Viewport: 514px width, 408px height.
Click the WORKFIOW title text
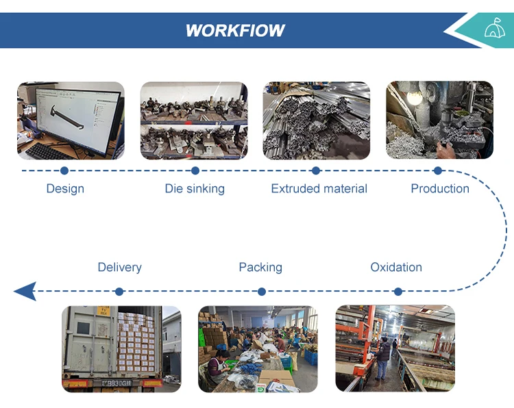tap(235, 31)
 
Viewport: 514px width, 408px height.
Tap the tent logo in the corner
tap(492, 29)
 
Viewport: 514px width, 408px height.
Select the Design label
tap(65, 188)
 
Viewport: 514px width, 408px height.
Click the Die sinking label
tap(195, 188)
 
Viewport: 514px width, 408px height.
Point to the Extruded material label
tap(319, 188)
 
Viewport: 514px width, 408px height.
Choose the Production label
tap(440, 188)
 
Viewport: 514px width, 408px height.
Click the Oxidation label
tap(396, 267)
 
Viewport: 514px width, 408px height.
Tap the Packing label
tap(260, 267)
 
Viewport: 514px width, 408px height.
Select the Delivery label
tap(119, 267)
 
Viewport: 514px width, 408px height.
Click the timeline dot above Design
tap(64, 170)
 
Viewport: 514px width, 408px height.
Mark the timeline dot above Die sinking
tap(195, 170)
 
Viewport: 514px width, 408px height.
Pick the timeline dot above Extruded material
tap(316, 170)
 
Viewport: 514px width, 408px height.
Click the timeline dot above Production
tap(438, 170)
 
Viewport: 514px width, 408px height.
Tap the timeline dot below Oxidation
tap(398, 292)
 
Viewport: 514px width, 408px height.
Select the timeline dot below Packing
tap(262, 292)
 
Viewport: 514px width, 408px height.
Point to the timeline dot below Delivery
tap(119, 292)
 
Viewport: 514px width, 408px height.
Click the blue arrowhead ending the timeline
tap(25, 291)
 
